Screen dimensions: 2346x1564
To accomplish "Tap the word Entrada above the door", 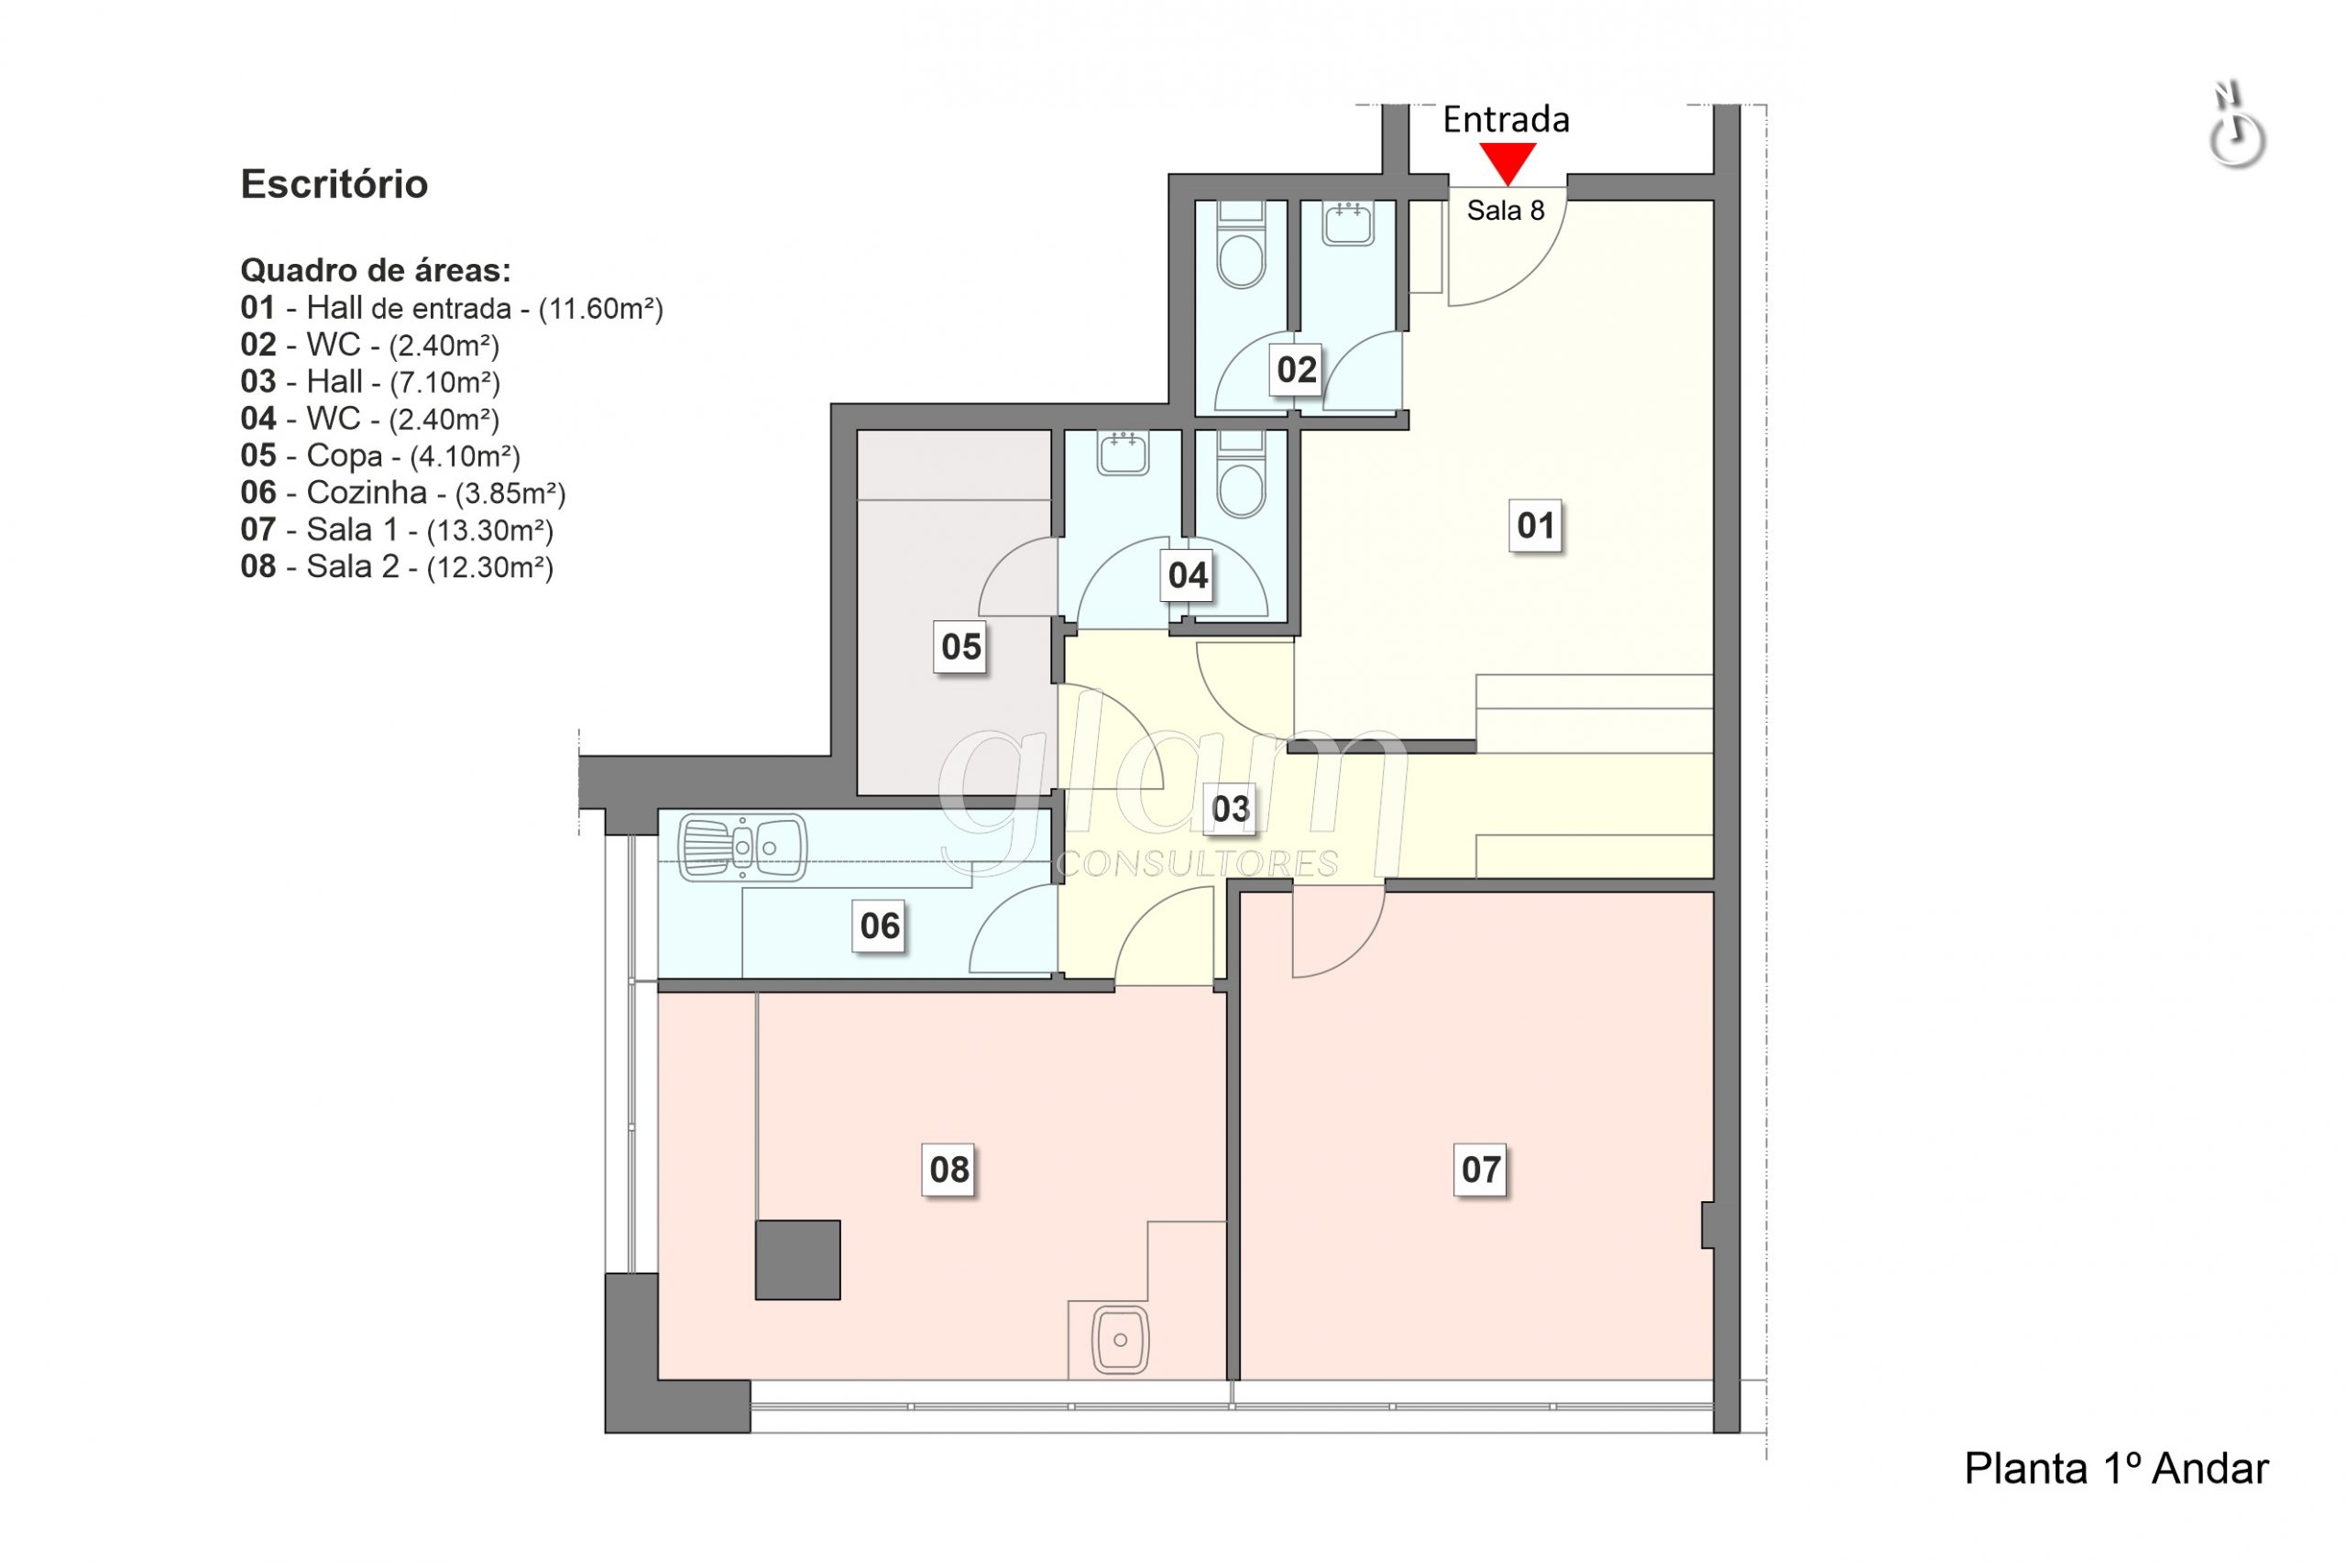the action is (x=1507, y=121).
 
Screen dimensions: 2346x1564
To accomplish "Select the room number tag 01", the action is (x=1535, y=526).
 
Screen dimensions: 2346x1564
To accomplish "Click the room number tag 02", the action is (x=1296, y=370).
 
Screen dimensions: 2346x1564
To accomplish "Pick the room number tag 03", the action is (x=1230, y=809).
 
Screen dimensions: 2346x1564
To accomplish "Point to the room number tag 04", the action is (x=1187, y=575).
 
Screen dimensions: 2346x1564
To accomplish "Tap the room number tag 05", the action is (x=960, y=646).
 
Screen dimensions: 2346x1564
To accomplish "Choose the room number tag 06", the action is (x=879, y=925).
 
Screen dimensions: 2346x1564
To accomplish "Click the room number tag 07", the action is (x=1480, y=1169).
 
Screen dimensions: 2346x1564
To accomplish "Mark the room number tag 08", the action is (x=948, y=1169).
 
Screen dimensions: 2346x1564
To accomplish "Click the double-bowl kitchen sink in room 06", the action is (x=742, y=848).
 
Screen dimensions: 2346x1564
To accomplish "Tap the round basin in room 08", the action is (x=1120, y=1340).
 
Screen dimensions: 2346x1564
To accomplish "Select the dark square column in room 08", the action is (x=797, y=1260).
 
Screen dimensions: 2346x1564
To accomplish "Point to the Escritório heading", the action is (x=334, y=184).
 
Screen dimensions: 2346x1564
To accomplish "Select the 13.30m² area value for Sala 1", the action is (x=489, y=530).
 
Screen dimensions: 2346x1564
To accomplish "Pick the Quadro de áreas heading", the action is (x=376, y=270).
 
